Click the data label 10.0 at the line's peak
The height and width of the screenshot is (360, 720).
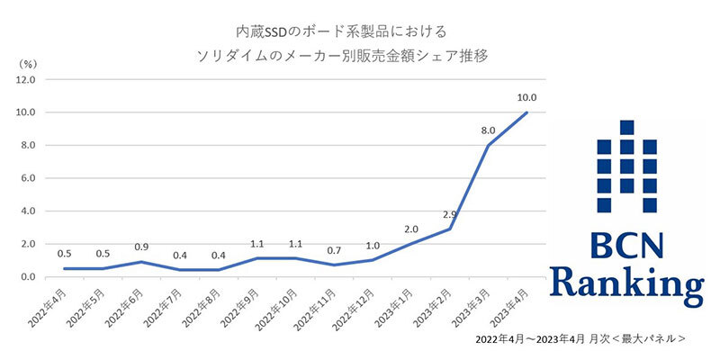point(526,97)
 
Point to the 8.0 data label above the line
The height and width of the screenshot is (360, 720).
point(490,130)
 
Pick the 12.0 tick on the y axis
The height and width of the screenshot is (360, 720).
point(24,79)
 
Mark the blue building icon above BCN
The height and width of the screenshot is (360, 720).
point(627,163)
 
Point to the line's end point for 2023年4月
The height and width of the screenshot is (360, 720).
point(526,112)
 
